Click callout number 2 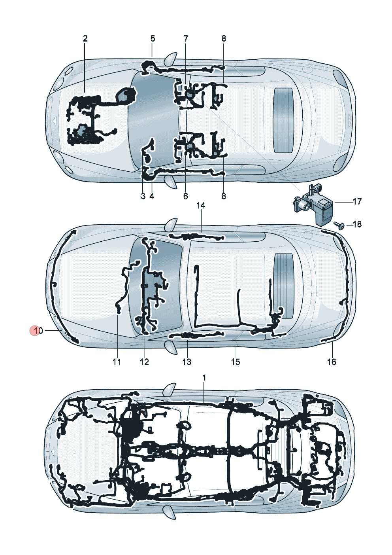(x=85, y=39)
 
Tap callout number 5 (x=153, y=39)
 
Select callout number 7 (x=186, y=39)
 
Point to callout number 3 (x=143, y=196)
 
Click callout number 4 (x=152, y=196)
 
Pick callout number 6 (x=186, y=196)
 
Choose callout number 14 (x=201, y=205)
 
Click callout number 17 (x=357, y=202)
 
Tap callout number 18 (x=357, y=224)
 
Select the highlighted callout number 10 (x=38, y=331)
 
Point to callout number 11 (x=117, y=362)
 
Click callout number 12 (x=145, y=362)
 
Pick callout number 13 (x=187, y=362)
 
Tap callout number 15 (x=236, y=362)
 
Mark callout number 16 (x=332, y=362)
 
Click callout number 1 (x=204, y=378)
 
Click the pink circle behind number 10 (x=34, y=331)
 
